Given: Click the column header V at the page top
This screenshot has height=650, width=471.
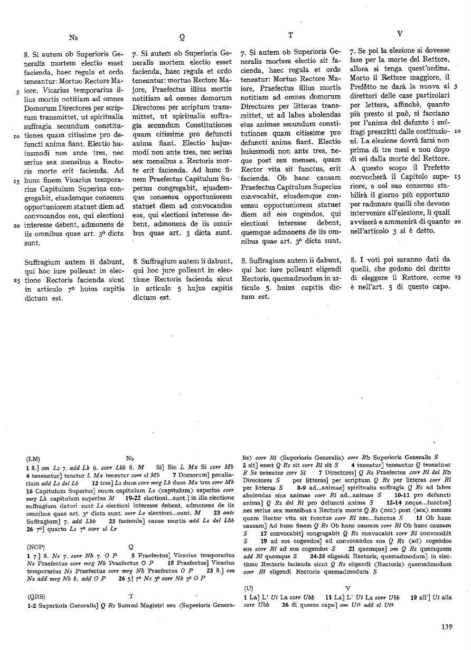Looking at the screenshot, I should pyautogui.click(x=399, y=33).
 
